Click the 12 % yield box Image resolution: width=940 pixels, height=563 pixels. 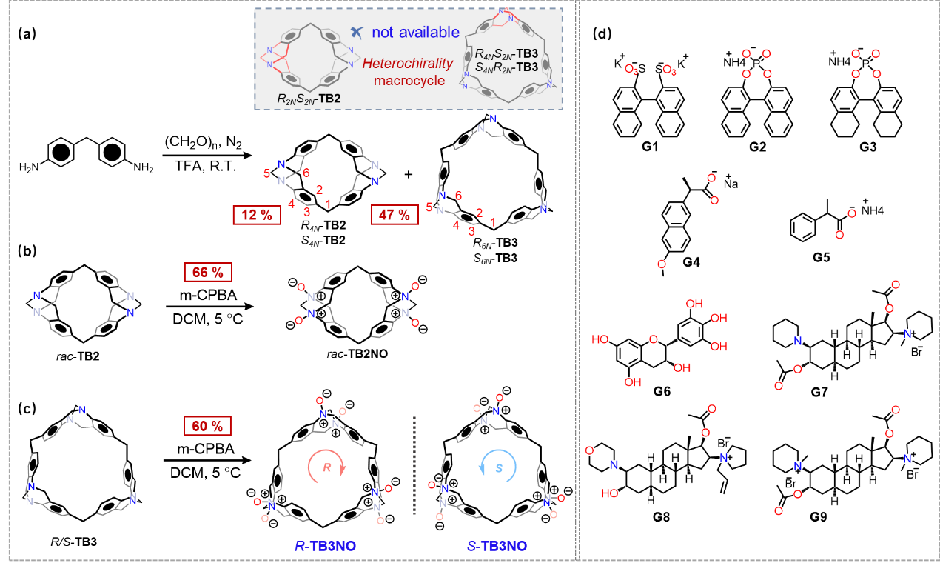257,215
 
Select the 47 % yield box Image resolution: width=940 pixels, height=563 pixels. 394,215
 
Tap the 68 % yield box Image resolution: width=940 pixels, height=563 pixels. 208,272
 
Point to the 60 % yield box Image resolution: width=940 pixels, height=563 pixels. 208,426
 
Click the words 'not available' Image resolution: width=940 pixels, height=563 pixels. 415,33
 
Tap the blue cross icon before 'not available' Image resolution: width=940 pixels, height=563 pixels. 358,32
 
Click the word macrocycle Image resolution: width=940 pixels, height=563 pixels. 409,81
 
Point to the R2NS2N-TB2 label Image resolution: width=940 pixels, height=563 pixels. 309,98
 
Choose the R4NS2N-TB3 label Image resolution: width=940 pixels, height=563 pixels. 506,54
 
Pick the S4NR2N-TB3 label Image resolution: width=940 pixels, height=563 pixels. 506,67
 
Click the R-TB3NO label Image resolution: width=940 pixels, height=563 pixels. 326,546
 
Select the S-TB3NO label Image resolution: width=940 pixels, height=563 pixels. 497,546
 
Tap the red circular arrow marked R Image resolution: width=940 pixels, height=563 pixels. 326,467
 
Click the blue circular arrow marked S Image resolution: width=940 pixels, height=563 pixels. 498,467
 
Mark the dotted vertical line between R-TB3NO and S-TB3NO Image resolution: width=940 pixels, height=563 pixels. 414,465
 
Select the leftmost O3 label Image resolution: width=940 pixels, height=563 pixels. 631,70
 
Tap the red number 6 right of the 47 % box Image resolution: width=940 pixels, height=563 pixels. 458,196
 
